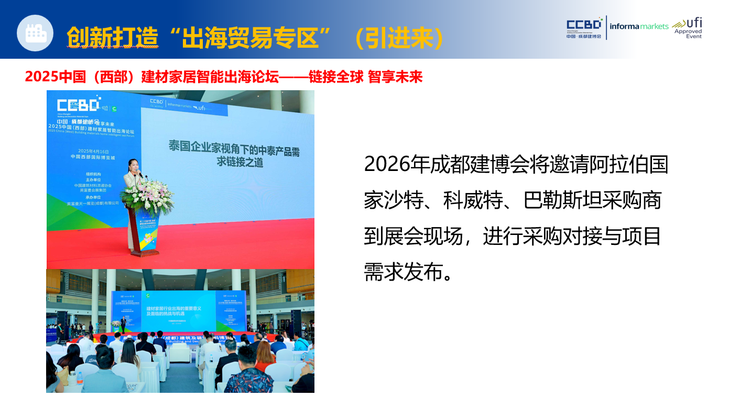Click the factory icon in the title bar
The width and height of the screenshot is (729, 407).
35,33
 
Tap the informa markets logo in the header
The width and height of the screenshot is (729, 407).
639,26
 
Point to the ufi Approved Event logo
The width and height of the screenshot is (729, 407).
688,28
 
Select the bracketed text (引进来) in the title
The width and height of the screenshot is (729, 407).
398,37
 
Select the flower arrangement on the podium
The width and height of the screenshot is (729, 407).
147,197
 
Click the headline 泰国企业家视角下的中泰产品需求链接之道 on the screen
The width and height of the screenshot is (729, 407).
234,153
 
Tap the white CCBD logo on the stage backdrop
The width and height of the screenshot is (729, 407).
78,104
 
